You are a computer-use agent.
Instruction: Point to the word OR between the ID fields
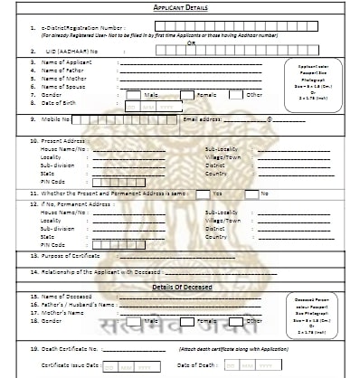tap(189, 42)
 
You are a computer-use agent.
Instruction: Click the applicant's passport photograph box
tap(314, 79)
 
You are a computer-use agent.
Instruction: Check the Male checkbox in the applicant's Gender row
tap(133, 94)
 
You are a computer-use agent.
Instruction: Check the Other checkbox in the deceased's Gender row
tap(235, 320)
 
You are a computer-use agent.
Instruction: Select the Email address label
tap(202, 118)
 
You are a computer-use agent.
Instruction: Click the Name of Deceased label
tap(67, 296)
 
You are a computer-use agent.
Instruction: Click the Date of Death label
tap(195, 365)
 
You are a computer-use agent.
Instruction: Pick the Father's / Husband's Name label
tap(80, 304)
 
